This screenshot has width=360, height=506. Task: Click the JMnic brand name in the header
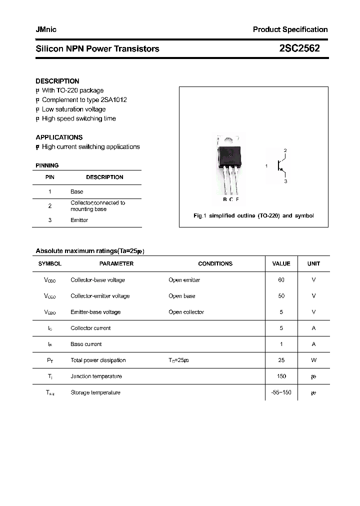[46, 29]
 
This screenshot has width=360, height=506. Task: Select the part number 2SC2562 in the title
[299, 48]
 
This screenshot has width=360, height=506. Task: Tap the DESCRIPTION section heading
[57, 81]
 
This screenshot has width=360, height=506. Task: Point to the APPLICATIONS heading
[59, 137]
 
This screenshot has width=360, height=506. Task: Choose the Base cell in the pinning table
[77, 191]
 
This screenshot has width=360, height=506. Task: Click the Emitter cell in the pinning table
[79, 220]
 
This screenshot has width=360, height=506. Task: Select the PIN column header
[50, 177]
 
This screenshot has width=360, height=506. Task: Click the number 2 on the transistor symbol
[285, 150]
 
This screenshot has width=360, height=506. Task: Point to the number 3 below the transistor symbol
[285, 181]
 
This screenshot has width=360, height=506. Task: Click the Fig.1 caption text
[253, 216]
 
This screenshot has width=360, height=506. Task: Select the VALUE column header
[281, 263]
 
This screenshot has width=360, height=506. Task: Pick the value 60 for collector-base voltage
[281, 280]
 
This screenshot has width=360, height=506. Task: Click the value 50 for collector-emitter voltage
[281, 296]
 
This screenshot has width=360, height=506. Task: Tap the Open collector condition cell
[186, 312]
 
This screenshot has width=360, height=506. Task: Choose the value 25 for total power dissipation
[281, 360]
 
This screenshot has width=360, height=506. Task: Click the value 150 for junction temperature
[281, 376]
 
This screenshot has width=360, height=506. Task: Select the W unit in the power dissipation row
[313, 360]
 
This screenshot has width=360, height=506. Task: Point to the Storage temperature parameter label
[95, 392]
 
